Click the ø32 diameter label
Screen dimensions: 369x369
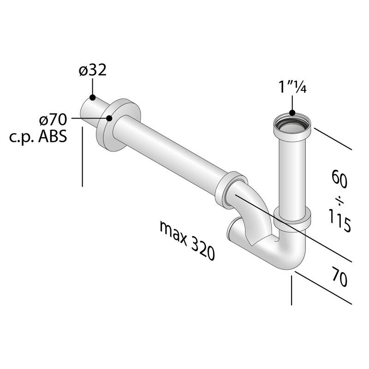pos(93,70)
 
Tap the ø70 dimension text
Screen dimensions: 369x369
pos(53,119)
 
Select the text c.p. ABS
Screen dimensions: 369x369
pos(38,137)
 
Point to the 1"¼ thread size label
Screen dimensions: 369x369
pos(292,87)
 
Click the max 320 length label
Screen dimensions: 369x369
pos(187,240)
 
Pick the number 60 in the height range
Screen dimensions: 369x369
pos(339,179)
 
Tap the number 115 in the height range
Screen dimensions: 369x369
pos(339,220)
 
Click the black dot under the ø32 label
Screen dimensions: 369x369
pos(93,97)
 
